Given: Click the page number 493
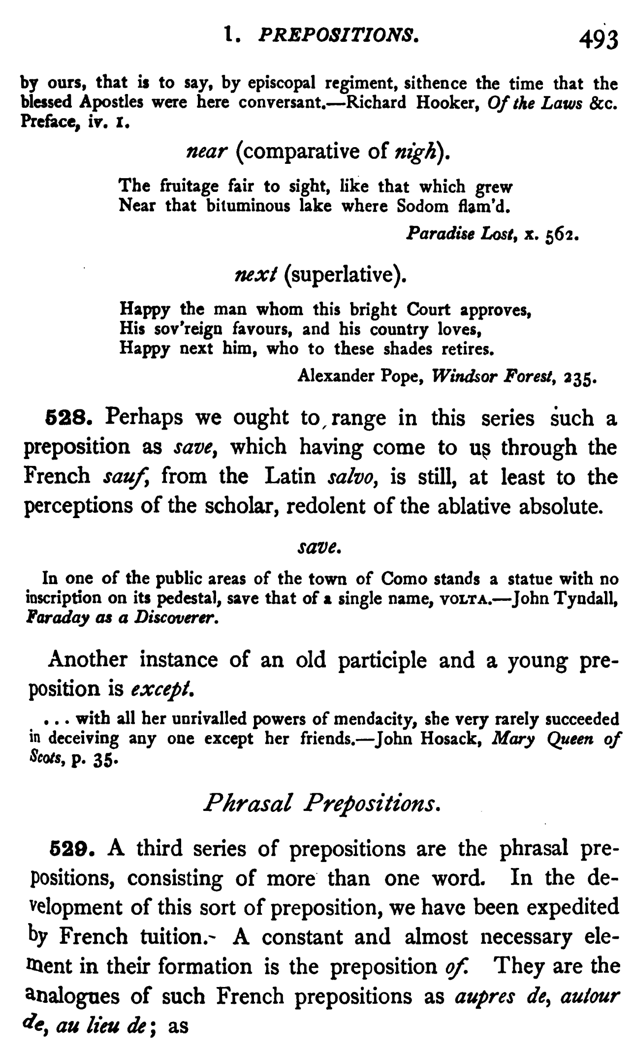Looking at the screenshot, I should point(598,40).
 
